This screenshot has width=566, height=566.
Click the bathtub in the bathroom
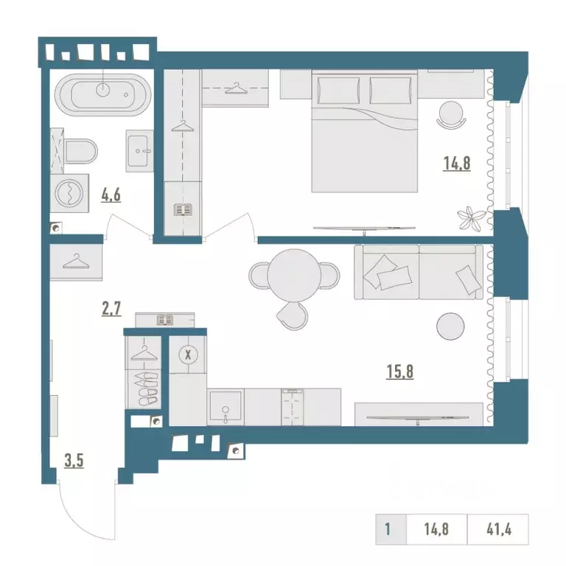coord(102,94)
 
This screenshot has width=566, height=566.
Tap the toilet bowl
coord(81,151)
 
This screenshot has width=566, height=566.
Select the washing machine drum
coord(69,194)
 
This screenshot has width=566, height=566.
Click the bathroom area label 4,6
coord(111,195)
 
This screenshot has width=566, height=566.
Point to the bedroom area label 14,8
coord(457,164)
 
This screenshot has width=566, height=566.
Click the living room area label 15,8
coord(400,371)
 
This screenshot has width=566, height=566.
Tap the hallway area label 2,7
coord(111,309)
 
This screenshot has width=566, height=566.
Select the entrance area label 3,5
coord(74,461)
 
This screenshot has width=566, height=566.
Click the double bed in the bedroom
coord(365,131)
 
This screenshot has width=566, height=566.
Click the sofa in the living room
coord(419,272)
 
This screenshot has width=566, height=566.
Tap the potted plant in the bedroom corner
coord(469,217)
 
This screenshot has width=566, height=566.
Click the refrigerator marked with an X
coord(188,354)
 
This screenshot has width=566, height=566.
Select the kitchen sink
coord(226,407)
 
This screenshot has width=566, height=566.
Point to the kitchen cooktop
coord(293,407)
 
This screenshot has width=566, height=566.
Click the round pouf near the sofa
coord(450,326)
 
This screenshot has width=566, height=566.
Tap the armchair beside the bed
coord(451,114)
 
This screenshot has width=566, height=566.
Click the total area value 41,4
coord(499,530)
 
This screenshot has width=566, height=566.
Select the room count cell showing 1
coord(388,530)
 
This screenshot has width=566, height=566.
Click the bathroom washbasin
coord(140,151)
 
